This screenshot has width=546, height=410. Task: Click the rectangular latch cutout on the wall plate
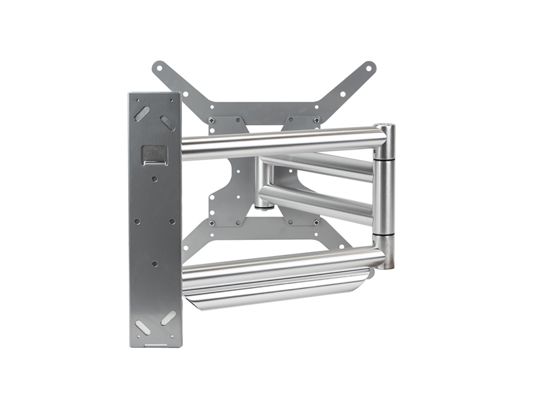pyautogui.click(x=154, y=154)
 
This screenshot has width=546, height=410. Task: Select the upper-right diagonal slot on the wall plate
pyautogui.click(x=167, y=122)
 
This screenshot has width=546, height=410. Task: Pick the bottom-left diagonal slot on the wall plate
pyautogui.click(x=143, y=327)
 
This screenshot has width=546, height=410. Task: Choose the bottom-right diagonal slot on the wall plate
pyautogui.click(x=167, y=318)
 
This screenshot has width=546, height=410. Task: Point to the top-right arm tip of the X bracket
pyautogui.click(x=369, y=68)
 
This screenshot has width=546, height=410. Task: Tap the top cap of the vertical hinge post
pyautogui.click(x=384, y=128)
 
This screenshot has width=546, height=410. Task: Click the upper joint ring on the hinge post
pyautogui.click(x=384, y=156)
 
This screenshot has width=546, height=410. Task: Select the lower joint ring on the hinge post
pyautogui.click(x=384, y=237)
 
